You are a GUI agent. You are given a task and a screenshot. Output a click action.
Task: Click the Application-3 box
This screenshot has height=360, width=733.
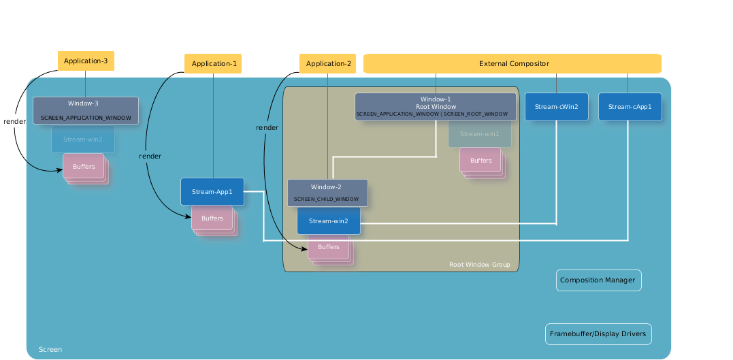(x=86, y=61)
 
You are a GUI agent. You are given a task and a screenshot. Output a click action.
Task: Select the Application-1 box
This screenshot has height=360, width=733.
(x=214, y=64)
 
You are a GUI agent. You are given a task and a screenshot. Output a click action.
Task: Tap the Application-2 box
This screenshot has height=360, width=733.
(x=328, y=64)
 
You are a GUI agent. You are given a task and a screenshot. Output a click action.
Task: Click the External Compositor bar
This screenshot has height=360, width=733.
(x=513, y=64)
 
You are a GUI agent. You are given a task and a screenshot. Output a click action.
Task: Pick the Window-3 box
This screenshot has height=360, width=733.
(x=86, y=110)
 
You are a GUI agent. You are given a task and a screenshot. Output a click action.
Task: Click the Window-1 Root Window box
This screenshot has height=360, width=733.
(x=436, y=107)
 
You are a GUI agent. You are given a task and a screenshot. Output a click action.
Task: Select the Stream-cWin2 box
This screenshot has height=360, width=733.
(x=556, y=107)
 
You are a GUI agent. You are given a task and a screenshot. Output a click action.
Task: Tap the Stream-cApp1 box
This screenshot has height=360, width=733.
(x=630, y=107)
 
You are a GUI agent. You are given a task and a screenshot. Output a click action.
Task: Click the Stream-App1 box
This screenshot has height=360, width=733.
(x=212, y=192)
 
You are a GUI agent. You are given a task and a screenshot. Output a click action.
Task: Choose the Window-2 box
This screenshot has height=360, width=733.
(x=327, y=193)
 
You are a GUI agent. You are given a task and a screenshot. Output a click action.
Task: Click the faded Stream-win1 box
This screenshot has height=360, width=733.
(x=480, y=134)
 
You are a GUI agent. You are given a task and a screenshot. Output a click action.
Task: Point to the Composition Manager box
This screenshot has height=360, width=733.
(x=598, y=280)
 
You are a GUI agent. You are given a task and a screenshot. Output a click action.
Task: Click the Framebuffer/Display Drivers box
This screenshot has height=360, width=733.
(x=598, y=334)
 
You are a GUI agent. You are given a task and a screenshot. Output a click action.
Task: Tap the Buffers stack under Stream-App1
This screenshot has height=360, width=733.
(x=212, y=218)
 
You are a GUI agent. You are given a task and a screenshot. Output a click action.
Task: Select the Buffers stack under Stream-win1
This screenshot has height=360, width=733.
(x=480, y=161)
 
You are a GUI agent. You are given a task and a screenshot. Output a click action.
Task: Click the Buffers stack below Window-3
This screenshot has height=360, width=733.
(x=84, y=167)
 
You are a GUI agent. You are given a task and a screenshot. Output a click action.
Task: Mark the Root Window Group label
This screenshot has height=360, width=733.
(x=479, y=265)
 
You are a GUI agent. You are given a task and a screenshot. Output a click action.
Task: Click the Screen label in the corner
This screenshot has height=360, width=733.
(x=50, y=350)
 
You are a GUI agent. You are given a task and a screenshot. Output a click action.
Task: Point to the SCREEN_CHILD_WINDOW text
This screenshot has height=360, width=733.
(x=326, y=199)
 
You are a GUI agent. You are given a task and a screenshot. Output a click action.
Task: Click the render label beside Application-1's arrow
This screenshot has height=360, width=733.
(x=150, y=157)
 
